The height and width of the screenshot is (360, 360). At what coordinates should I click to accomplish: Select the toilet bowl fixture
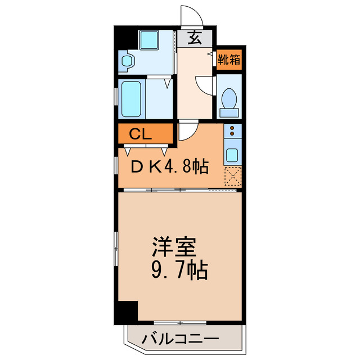point(229,101)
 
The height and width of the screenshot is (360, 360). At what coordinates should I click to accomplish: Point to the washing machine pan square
point(150,40)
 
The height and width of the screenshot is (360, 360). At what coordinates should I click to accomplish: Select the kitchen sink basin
point(232,154)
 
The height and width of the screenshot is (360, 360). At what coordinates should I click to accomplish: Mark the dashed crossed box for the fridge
point(232,177)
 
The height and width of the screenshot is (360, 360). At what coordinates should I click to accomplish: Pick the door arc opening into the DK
point(188,132)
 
